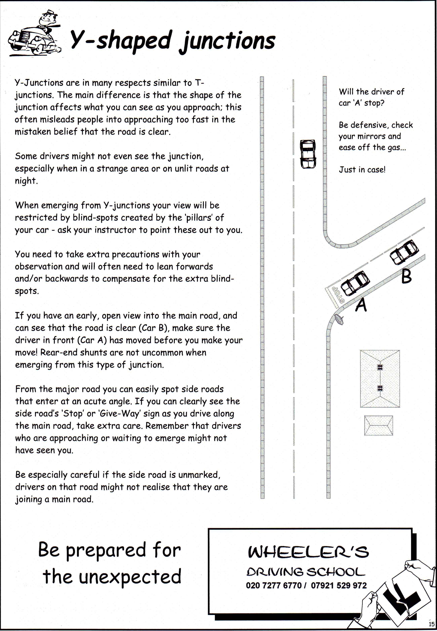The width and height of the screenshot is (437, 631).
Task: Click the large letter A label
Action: (x=361, y=305)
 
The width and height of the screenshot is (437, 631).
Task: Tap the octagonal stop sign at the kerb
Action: (x=339, y=320)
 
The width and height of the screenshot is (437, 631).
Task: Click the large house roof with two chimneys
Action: (x=380, y=378)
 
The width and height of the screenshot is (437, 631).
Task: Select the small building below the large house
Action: (x=378, y=425)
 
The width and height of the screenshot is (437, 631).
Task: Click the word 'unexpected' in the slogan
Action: (x=130, y=576)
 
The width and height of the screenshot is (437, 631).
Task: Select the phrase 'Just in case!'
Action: (x=362, y=170)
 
